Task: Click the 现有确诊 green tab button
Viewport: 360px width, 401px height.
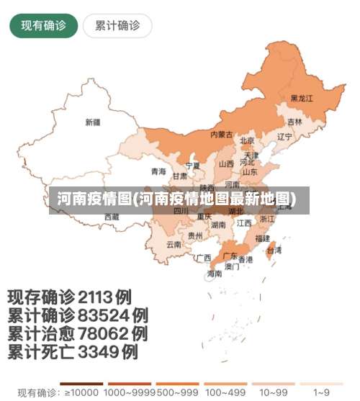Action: [x=43, y=26]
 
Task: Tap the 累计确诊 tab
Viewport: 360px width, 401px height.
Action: [x=117, y=26]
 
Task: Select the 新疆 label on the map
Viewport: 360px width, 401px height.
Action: [x=93, y=122]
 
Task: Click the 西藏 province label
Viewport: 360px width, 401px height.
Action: [x=112, y=216]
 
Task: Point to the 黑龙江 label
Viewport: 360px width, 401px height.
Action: [x=302, y=98]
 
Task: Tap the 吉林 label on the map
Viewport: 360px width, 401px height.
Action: [x=295, y=122]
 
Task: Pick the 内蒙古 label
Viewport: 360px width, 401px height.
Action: [x=221, y=135]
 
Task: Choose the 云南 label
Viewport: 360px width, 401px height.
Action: [x=174, y=244]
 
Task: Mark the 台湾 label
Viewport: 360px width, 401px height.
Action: [x=274, y=251]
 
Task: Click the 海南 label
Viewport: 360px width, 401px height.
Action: [x=215, y=274]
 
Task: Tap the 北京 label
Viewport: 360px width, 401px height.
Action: [x=247, y=140]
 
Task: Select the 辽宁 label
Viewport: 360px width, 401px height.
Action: [x=284, y=136]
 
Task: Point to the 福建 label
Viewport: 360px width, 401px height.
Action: [x=262, y=238]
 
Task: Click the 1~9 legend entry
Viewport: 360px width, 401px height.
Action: [x=322, y=393]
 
